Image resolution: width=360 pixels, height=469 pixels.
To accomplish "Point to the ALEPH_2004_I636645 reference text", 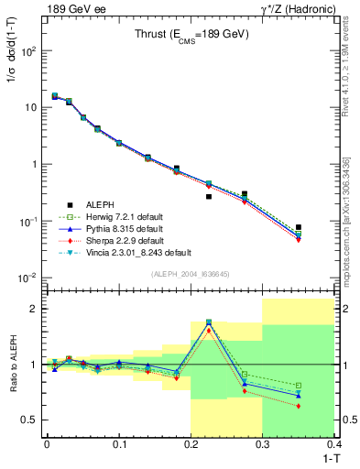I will pos(190,273).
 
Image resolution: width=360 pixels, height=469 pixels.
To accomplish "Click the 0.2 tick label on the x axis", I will pos(191,443).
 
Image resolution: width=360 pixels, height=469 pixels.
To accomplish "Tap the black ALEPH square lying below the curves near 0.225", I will pos(209,196).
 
